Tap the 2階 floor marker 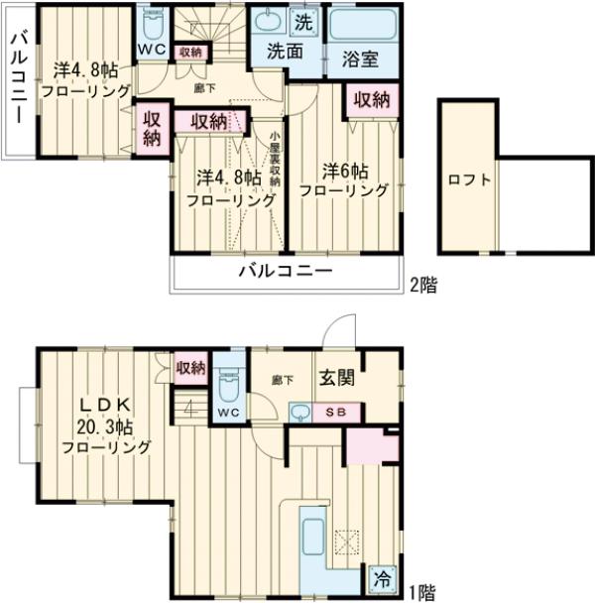point(423,285)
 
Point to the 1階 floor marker point(421,592)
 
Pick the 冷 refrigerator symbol point(383,577)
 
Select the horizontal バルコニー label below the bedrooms point(283,271)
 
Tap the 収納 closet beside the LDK point(190,367)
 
